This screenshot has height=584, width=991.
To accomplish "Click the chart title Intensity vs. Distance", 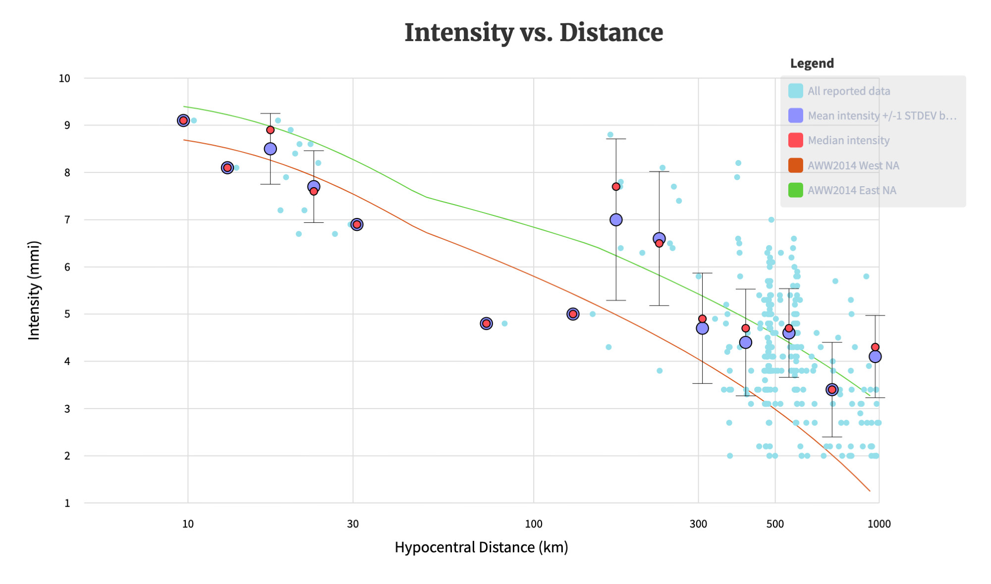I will (534, 33).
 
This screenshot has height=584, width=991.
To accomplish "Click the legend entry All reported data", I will (848, 91).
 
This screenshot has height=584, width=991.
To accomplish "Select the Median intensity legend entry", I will (848, 141).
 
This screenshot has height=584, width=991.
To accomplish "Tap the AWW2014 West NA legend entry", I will (853, 165).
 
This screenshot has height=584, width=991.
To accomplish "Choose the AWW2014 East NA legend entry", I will (851, 190).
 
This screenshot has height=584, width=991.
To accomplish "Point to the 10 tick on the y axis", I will (64, 78).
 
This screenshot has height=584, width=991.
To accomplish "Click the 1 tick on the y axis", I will (67, 503).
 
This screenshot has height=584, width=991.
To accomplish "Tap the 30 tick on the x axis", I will (353, 524).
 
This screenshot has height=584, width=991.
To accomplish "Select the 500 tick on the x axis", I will (775, 524).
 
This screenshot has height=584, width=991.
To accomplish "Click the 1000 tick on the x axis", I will (879, 524).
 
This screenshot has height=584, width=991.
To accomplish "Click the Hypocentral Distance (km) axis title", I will (481, 547).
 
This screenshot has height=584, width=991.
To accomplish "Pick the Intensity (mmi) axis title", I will (34, 290).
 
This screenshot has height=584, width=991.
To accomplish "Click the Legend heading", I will (812, 63).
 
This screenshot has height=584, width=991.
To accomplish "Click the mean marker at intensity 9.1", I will (183, 120).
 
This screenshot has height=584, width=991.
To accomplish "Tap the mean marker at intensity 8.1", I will (227, 168).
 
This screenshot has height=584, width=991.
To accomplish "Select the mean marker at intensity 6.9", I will (357, 224).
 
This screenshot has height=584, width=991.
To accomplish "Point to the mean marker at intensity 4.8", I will (487, 323).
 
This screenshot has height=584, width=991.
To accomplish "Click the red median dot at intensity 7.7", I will (616, 187).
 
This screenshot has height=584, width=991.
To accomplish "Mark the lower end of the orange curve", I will (870, 491).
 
